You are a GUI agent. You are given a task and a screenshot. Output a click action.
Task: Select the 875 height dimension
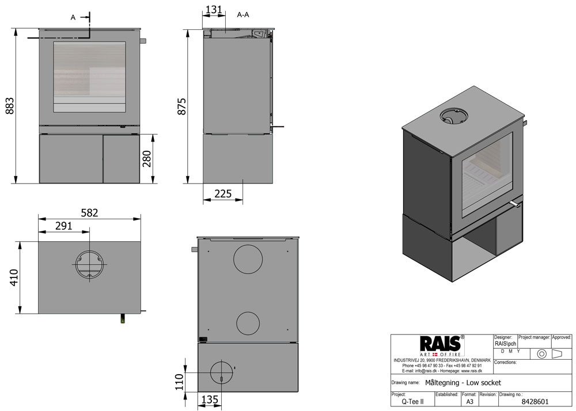pos(182,106)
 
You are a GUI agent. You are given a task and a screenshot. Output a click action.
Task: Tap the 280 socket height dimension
pos(147,158)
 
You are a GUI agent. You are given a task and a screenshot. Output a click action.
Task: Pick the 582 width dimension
pos(89,212)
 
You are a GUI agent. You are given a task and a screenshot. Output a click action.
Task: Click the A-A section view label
pos(243,15)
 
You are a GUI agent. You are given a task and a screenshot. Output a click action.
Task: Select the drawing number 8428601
pos(535,403)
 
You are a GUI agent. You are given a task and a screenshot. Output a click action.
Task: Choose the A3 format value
pos(469,403)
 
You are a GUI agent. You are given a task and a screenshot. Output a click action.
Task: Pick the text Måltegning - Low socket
pos(463,383)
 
